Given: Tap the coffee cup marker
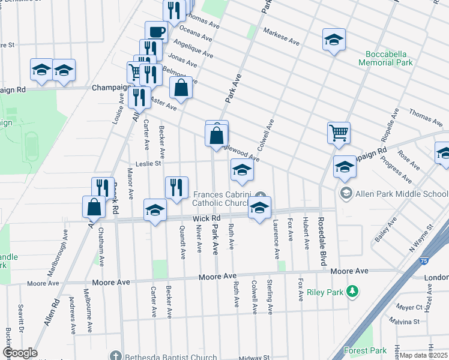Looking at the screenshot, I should point(156,31).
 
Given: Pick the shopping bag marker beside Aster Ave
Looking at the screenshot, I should point(181,88).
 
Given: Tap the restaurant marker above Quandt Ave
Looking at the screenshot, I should point(176,187).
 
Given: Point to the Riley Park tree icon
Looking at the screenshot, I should point(354,292).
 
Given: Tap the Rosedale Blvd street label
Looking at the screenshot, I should point(321,242).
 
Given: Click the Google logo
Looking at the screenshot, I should point(20,353).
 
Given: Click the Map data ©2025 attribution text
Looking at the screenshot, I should point(423,355).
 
